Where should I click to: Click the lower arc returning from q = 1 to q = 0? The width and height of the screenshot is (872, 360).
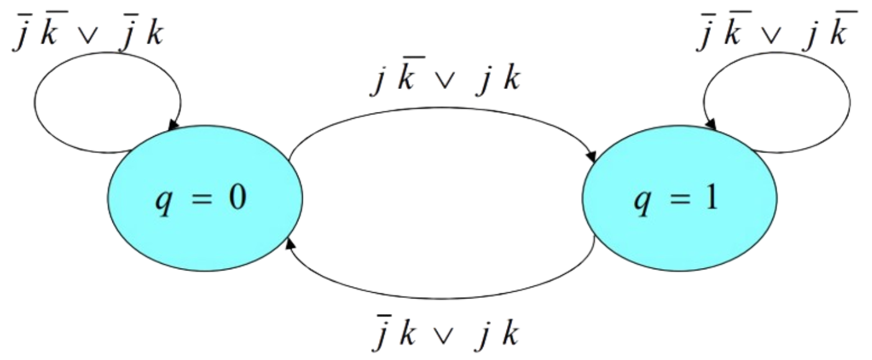pos(443,298)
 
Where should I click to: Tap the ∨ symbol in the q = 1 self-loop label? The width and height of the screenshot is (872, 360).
pos(773,37)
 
